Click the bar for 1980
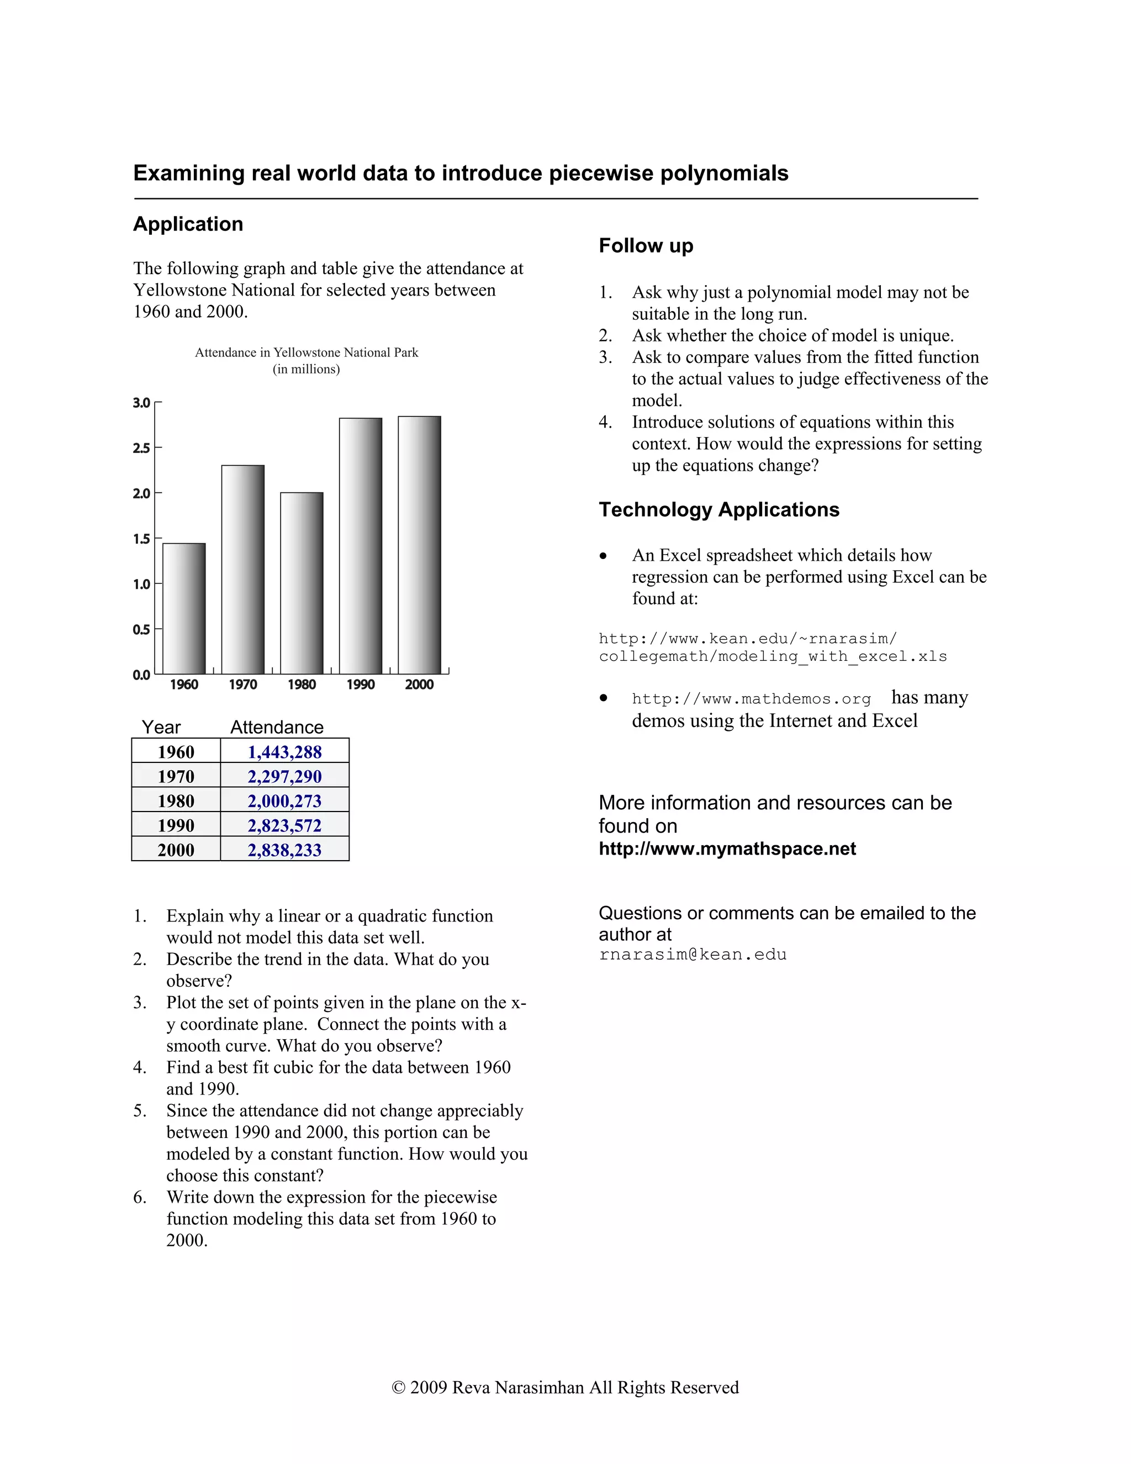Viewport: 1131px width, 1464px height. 302,583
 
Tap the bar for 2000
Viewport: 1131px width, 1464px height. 420,545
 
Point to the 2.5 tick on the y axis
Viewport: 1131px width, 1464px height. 141,448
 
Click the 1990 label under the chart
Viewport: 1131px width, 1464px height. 361,684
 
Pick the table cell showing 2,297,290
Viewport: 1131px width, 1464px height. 285,776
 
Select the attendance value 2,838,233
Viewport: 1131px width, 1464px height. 285,850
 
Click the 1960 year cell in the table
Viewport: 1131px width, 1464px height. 176,752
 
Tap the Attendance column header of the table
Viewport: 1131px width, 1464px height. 277,728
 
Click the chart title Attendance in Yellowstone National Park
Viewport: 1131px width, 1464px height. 306,352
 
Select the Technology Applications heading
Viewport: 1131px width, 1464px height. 719,509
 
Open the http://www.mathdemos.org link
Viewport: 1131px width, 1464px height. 751,699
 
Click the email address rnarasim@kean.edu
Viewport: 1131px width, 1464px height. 693,955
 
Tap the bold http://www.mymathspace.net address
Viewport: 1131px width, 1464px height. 727,849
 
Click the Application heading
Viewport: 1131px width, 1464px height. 188,224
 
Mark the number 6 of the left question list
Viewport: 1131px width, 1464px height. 139,1197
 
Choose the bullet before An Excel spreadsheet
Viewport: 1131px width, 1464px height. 604,556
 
